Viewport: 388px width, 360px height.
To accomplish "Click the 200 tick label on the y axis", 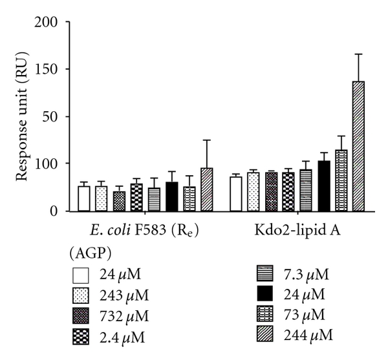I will click(x=48, y=23).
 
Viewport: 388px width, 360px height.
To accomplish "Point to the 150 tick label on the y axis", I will click(x=48, y=70).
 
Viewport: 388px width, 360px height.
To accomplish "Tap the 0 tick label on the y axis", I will click(x=56, y=211).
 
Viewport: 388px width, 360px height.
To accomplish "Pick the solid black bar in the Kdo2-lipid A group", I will click(x=324, y=186).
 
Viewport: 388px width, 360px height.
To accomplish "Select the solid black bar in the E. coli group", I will click(x=171, y=196).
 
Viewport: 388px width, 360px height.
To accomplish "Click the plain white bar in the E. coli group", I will click(x=84, y=198).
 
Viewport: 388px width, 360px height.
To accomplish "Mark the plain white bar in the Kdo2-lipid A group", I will click(x=236, y=194).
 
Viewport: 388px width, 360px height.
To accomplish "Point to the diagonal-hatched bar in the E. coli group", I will click(x=206, y=189).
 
